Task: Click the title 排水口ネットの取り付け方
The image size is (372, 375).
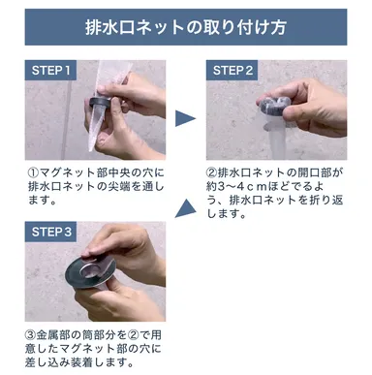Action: (x=185, y=27)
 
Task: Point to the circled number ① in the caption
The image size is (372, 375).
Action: (x=32, y=172)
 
